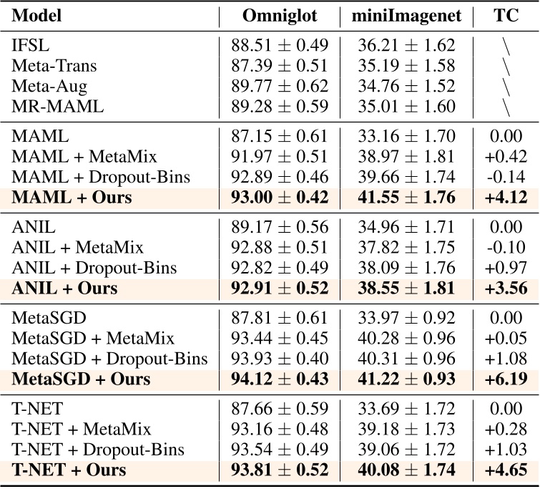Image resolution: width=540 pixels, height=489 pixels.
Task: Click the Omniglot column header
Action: [279, 16]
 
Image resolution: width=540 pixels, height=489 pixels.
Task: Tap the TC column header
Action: [506, 16]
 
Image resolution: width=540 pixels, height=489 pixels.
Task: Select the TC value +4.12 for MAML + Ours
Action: [506, 197]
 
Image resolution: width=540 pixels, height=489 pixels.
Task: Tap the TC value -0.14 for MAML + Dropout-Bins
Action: [506, 176]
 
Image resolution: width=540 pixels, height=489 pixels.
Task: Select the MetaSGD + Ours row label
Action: [82, 379]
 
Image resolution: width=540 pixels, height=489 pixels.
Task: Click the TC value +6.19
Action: [506, 379]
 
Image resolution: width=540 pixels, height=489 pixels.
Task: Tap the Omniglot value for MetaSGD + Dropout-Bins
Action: [279, 359]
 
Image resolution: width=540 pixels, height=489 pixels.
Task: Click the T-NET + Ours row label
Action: [69, 470]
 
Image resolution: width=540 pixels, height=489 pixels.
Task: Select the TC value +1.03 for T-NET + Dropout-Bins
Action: [506, 450]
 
